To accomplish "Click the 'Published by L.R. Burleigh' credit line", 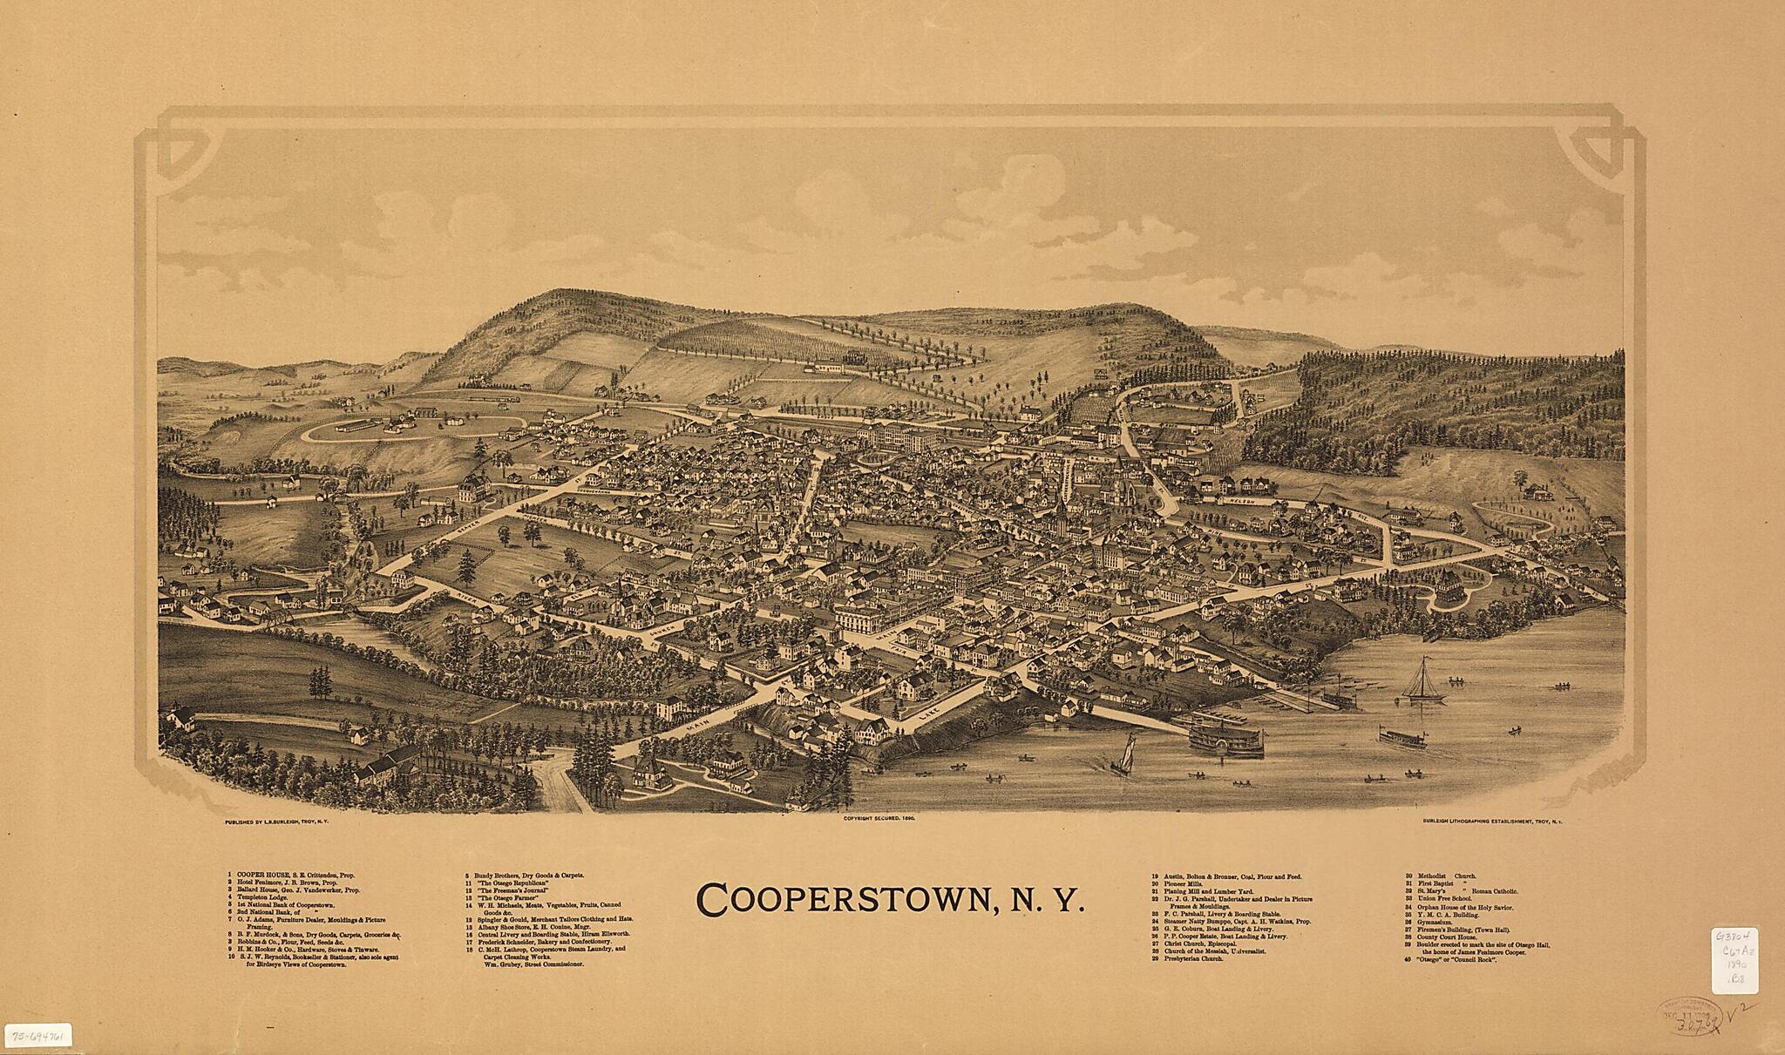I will [275, 821].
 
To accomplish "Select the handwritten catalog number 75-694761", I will [40, 1037].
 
